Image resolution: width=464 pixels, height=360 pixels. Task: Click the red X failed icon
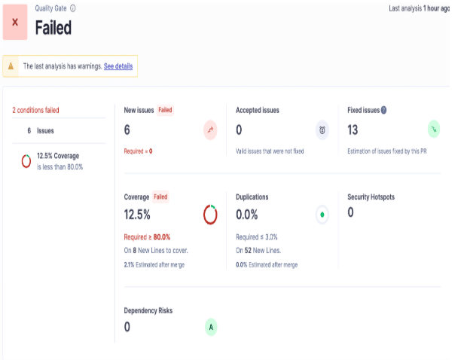(x=15, y=22)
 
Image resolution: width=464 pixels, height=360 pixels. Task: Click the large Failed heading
(x=53, y=29)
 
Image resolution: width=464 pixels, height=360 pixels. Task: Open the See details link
(x=118, y=66)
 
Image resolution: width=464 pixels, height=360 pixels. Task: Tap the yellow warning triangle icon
(x=11, y=66)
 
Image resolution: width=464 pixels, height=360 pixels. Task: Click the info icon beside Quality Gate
(x=72, y=8)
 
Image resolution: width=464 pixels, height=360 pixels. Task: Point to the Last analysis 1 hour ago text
(x=423, y=8)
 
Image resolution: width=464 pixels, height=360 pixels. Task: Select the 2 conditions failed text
(x=36, y=110)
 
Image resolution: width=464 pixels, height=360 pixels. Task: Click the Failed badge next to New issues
(x=165, y=110)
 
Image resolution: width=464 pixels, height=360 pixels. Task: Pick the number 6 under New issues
(x=127, y=130)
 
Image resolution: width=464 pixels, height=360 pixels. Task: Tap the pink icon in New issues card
(x=210, y=130)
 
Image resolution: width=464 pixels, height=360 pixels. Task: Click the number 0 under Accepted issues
(x=239, y=130)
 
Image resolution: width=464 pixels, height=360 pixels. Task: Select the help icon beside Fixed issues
(x=383, y=110)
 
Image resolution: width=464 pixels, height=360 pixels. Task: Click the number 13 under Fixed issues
(x=353, y=130)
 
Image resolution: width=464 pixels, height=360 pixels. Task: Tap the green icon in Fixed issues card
(x=434, y=130)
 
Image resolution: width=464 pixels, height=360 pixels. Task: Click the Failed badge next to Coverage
(x=160, y=197)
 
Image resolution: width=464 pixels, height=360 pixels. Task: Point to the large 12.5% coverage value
(x=137, y=215)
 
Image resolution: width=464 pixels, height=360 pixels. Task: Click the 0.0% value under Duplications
(x=248, y=215)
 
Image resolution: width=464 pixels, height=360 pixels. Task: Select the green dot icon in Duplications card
(x=322, y=215)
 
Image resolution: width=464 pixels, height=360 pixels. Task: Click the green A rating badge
(x=211, y=327)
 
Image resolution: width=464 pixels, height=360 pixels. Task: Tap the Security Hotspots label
(x=371, y=197)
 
